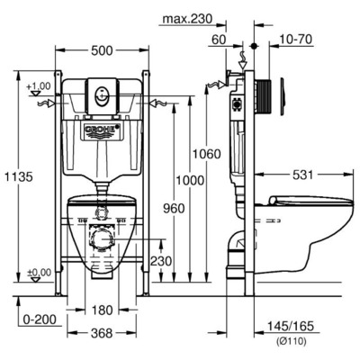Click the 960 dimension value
click(x=173, y=208)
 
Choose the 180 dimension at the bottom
click(x=103, y=310)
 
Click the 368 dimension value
click(x=102, y=332)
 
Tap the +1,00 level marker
click(x=39, y=86)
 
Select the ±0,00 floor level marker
click(x=38, y=272)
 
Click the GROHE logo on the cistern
click(x=102, y=131)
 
